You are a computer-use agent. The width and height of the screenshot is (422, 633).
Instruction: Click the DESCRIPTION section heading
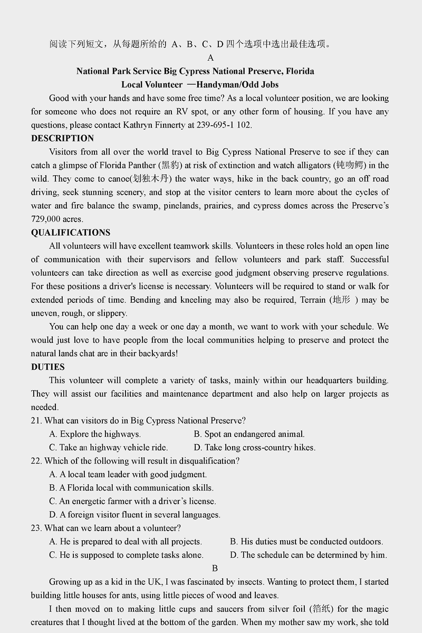click(x=62, y=138)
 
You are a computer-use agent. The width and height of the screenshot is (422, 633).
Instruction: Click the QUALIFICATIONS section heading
click(x=71, y=233)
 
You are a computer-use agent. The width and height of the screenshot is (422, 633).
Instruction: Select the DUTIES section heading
click(x=48, y=367)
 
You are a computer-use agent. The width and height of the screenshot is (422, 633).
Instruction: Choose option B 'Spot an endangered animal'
click(x=249, y=434)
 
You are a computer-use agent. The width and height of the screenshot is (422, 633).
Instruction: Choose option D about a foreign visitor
click(x=135, y=514)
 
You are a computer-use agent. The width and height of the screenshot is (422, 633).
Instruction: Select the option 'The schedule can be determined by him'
click(x=309, y=554)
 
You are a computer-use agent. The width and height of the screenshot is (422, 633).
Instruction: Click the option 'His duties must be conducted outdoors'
click(x=306, y=541)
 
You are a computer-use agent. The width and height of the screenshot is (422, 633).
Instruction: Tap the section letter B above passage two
click(x=215, y=568)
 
